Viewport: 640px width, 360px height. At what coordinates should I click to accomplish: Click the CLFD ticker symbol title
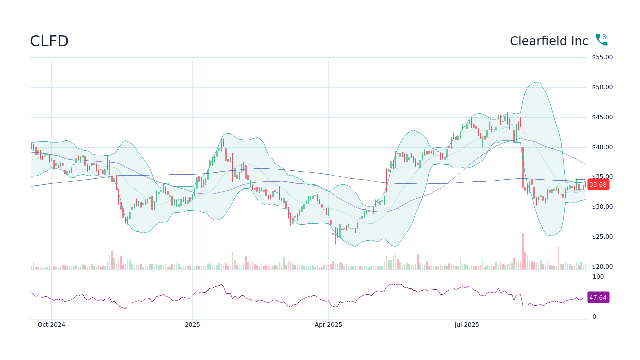49,41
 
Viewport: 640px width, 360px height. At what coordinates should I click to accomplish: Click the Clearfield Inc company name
549,41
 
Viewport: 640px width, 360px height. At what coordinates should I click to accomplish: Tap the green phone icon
601,40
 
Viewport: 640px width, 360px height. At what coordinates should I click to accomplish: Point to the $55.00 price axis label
602,57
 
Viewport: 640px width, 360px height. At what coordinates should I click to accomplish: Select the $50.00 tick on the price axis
602,87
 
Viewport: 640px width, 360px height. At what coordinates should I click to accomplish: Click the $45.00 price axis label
602,117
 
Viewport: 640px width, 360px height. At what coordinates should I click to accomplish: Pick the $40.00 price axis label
602,147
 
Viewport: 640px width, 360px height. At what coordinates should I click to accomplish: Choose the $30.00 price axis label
602,207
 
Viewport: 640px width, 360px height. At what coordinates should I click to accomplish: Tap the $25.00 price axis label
602,237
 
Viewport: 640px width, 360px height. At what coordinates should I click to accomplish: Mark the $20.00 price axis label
602,267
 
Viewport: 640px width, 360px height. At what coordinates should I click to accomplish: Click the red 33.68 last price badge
598,185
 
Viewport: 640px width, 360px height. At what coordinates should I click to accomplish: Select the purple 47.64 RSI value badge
598,298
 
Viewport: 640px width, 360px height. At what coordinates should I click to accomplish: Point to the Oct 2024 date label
51,325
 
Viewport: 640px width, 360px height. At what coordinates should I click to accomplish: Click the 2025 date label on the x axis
192,325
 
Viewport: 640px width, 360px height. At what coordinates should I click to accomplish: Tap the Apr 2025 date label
328,325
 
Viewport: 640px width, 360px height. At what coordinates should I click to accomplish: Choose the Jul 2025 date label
467,325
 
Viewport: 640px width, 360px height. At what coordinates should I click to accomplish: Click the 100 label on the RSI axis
598,277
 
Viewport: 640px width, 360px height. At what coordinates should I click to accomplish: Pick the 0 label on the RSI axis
594,317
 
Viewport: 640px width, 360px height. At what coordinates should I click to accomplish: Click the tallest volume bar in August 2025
523,252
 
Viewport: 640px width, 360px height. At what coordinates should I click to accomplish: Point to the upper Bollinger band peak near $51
536,82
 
